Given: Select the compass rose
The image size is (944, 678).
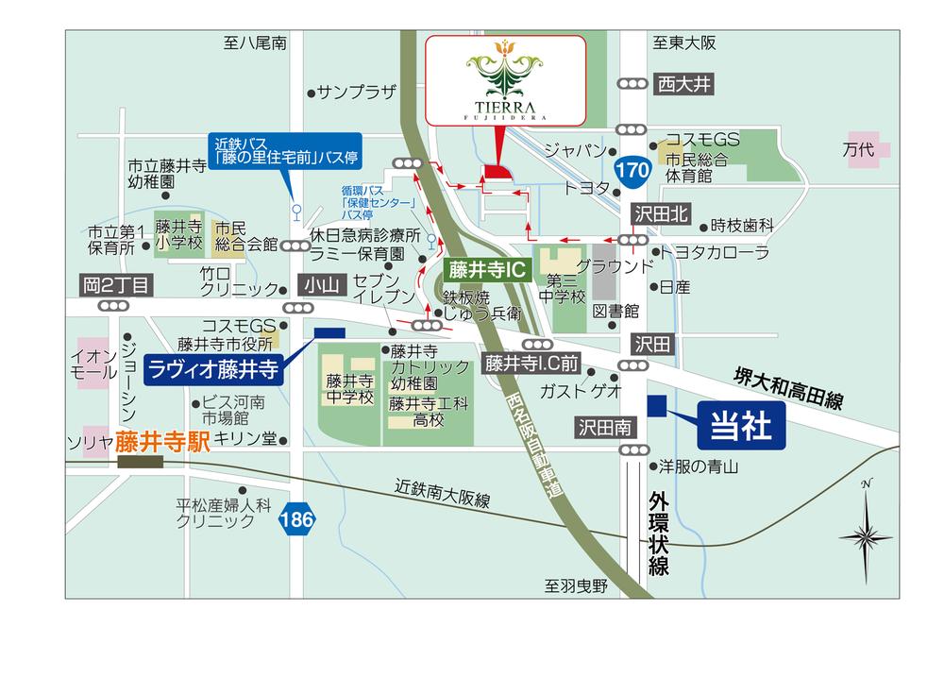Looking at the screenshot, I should coord(866,534).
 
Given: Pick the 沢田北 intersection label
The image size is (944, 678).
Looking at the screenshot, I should coord(663,215).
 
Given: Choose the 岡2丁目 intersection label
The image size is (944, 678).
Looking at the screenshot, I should coord(114,283).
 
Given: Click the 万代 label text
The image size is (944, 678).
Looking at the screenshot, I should coord(860,149).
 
